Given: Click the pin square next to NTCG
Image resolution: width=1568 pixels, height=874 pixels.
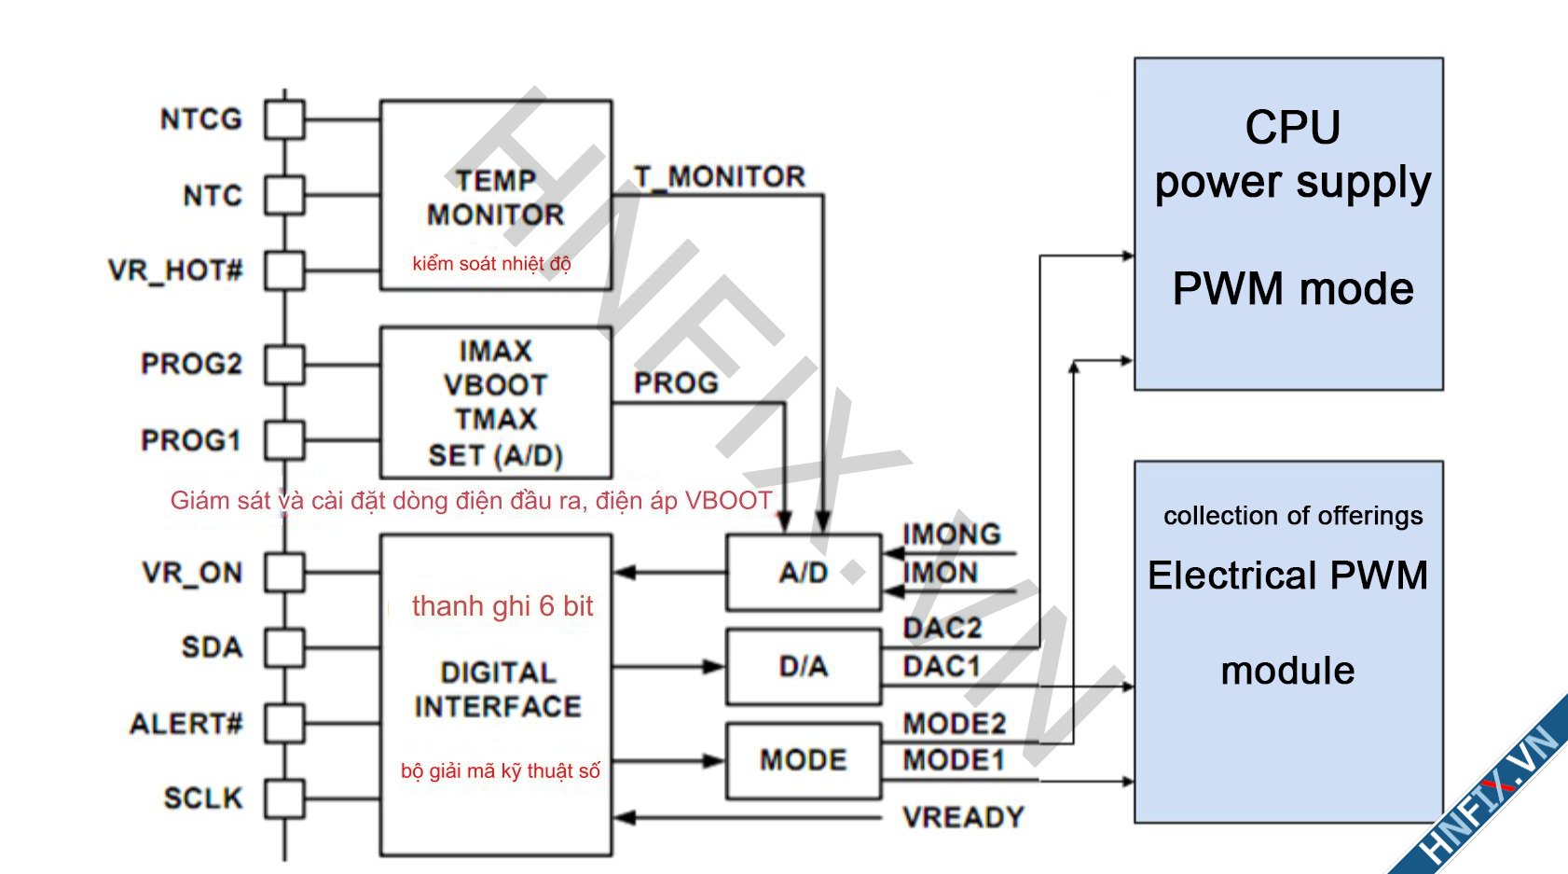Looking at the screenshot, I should (x=284, y=119).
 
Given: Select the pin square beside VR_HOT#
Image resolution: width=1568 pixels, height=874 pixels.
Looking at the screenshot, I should (x=284, y=271).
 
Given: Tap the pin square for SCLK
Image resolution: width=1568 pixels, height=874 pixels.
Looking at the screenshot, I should (x=284, y=798).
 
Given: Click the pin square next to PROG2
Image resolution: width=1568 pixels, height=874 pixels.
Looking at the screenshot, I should (x=284, y=364).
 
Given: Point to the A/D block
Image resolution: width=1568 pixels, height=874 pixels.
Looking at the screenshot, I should (x=804, y=573).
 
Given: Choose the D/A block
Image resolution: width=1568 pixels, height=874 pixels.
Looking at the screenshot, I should (x=804, y=666).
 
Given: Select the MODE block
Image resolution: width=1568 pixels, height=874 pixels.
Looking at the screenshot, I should (x=804, y=760).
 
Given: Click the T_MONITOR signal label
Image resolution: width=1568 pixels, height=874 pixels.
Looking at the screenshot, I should (x=719, y=176).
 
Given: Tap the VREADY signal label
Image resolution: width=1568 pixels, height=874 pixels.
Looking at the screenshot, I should (x=963, y=818).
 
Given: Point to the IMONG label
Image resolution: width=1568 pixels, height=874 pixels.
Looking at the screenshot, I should (x=951, y=534).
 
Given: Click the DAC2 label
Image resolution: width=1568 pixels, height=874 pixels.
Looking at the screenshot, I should (x=942, y=629).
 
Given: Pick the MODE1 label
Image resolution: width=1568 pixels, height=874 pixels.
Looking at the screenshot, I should (x=953, y=761).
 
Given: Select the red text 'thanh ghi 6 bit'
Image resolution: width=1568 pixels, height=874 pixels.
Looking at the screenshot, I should (x=502, y=606).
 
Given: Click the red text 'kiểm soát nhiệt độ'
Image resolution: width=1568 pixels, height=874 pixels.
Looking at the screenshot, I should (x=491, y=264).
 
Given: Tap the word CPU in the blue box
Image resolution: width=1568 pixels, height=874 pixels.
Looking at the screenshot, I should (x=1292, y=128).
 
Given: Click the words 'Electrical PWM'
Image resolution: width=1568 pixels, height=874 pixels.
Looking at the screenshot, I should (x=1287, y=576).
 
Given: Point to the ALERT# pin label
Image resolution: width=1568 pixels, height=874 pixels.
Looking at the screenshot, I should (x=186, y=724).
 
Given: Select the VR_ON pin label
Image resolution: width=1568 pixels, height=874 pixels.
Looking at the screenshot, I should (x=192, y=573).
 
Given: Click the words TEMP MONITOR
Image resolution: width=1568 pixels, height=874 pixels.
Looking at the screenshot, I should (x=495, y=198).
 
